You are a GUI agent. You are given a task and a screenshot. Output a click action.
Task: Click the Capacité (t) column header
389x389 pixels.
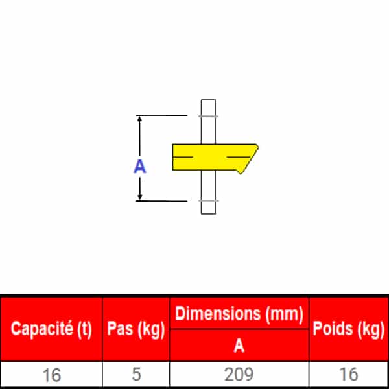[51, 329]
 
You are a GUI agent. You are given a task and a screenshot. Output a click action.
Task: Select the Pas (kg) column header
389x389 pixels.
[136, 329]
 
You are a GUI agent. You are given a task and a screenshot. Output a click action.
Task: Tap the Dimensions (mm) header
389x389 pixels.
[239, 314]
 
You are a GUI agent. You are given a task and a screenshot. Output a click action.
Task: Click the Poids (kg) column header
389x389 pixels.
[348, 329]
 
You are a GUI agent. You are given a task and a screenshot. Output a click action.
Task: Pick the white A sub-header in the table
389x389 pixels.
[239, 346]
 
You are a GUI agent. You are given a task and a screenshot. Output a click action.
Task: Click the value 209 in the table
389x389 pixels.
[239, 374]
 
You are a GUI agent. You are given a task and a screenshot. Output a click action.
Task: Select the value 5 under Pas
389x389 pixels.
[136, 374]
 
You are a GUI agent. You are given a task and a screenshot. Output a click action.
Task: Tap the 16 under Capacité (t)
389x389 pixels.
[52, 375]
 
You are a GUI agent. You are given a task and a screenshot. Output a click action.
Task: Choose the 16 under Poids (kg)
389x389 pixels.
[348, 374]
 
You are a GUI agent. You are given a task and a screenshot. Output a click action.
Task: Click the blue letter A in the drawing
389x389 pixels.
[139, 167]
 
